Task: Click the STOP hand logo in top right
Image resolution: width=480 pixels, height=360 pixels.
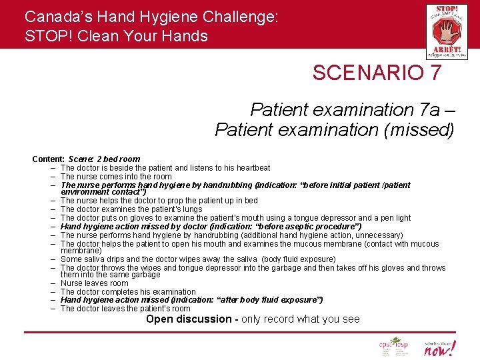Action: pyautogui.click(x=447, y=31)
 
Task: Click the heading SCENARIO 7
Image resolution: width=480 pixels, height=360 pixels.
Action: pyautogui.click(x=377, y=73)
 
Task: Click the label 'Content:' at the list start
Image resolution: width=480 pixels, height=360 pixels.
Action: pyautogui.click(x=49, y=159)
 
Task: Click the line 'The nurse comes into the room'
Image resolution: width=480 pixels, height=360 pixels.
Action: pyautogui.click(x=116, y=177)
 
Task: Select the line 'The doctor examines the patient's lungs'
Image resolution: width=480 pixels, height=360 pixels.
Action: pyautogui.click(x=131, y=209)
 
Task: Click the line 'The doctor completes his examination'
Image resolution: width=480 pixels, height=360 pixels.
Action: pyautogui.click(x=128, y=292)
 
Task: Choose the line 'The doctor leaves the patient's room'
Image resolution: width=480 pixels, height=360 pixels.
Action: pyautogui.click(x=125, y=309)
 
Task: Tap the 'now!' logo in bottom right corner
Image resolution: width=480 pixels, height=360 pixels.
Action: pyautogui.click(x=441, y=347)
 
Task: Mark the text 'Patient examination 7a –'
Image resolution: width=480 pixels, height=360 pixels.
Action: pyautogui.click(x=351, y=109)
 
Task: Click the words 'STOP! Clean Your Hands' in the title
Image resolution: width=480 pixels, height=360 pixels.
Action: pyautogui.click(x=116, y=36)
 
